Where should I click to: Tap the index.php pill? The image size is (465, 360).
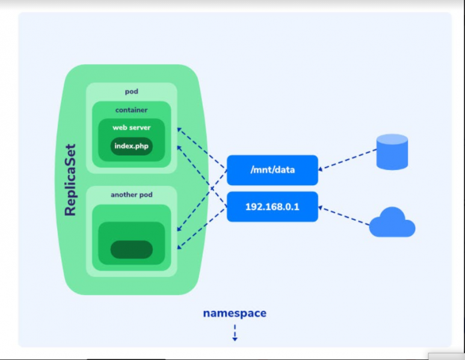[x=131, y=146]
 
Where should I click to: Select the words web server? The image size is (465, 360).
[x=131, y=127]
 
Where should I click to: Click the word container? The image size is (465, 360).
[x=131, y=110]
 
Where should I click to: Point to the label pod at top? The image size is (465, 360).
[x=131, y=91]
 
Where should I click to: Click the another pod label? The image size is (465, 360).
[x=131, y=195]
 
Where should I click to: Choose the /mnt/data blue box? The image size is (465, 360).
[x=272, y=170]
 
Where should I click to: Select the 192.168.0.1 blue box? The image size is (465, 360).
[x=272, y=207]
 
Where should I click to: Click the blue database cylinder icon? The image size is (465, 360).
[x=392, y=153]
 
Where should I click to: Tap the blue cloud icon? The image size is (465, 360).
[x=392, y=223]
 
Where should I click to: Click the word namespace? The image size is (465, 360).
[x=235, y=313]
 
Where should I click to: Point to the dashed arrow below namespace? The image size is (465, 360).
[x=235, y=332]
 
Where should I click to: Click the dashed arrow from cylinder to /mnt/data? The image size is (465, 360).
[x=349, y=159]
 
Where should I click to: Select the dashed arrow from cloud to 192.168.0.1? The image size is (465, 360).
[x=345, y=216]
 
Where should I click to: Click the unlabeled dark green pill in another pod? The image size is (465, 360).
[x=131, y=249]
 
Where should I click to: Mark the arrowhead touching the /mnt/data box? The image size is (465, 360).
[x=321, y=168]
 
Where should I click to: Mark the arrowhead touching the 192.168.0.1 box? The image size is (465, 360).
[x=321, y=208]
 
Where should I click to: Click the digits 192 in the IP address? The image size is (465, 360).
[x=253, y=207]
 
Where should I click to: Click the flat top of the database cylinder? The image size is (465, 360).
[x=392, y=139]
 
